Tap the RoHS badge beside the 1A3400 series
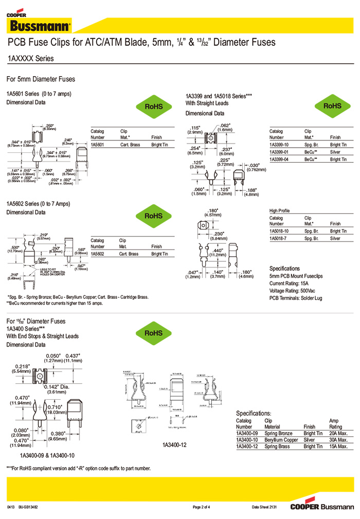(x=153, y=333)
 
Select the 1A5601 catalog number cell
(x=98, y=145)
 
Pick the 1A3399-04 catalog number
(x=279, y=159)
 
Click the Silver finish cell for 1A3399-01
(x=335, y=152)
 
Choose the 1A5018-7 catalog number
(x=278, y=238)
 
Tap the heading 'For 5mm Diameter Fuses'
(x=41, y=79)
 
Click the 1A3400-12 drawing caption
(x=174, y=444)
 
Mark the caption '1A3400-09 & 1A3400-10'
(x=47, y=455)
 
